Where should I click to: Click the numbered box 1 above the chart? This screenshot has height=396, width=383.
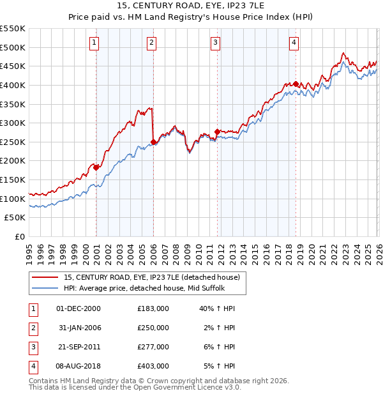pyautogui.click(x=94, y=43)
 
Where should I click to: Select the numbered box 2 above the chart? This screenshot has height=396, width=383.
pyautogui.click(x=152, y=43)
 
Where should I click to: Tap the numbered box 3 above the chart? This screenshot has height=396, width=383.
pyautogui.click(x=216, y=43)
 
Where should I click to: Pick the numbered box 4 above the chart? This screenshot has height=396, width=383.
pyautogui.click(x=294, y=43)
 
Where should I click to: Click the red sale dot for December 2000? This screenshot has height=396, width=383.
pyautogui.click(x=96, y=167)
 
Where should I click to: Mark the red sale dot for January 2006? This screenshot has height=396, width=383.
pyautogui.click(x=153, y=142)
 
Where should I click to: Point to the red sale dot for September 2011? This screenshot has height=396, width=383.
pyautogui.click(x=218, y=132)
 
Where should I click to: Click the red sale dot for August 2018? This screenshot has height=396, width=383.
pyautogui.click(x=296, y=84)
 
